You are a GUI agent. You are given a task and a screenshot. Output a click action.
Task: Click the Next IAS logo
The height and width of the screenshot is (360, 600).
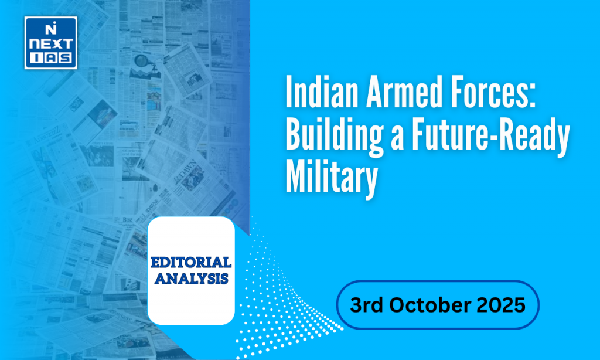click(x=51, y=43)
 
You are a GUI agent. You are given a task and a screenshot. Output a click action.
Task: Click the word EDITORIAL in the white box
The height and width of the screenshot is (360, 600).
click(x=191, y=262)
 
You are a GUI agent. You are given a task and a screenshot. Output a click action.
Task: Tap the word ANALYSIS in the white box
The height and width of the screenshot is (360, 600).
click(x=192, y=278)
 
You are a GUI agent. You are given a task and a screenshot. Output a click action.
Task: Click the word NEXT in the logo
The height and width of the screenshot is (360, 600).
click(x=51, y=45)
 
